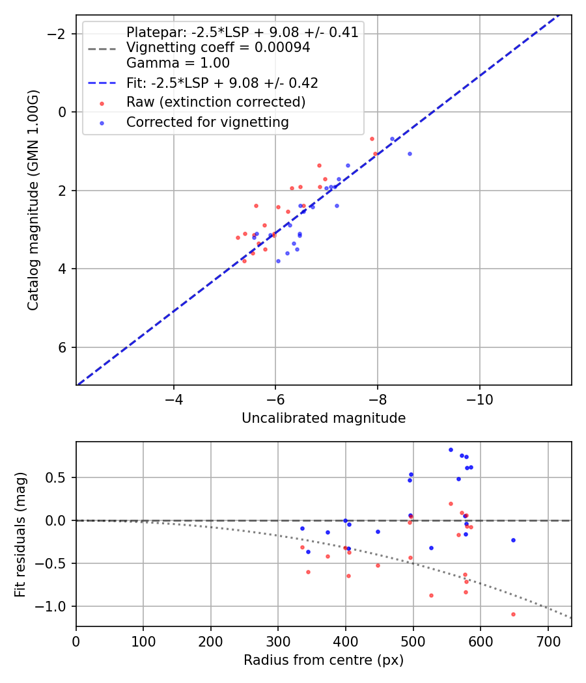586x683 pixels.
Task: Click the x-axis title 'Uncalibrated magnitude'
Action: tap(324, 418)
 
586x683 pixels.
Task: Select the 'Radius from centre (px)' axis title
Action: tap(324, 660)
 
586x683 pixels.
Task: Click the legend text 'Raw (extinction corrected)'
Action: tap(216, 102)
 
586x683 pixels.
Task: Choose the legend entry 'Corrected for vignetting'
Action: tap(207, 122)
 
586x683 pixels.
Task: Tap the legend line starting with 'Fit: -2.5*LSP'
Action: tap(222, 83)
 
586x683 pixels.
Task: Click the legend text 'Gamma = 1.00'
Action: tap(178, 63)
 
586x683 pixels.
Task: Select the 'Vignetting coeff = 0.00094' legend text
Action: tap(218, 47)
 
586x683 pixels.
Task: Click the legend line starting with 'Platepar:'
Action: tap(242, 33)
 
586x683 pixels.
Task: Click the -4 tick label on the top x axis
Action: tap(173, 397)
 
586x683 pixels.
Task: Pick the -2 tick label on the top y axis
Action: tap(59, 34)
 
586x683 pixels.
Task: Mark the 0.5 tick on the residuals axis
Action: tap(60, 477)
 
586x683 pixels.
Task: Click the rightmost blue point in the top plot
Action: tap(410, 154)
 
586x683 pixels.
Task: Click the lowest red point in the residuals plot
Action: tap(513, 614)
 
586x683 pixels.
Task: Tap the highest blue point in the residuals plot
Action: tap(451, 449)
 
